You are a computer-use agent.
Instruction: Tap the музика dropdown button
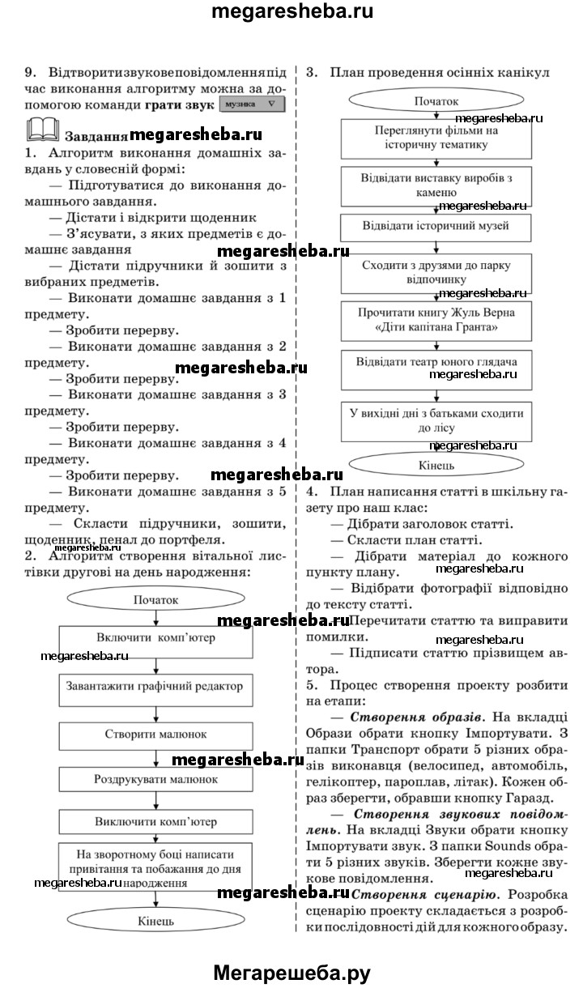(x=253, y=105)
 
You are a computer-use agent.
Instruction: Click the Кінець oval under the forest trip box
(x=436, y=466)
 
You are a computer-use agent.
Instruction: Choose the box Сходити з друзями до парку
(x=436, y=272)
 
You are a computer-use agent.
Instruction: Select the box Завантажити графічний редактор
(x=155, y=685)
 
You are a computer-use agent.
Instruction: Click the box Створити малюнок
(x=155, y=735)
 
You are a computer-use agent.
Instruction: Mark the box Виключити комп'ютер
(x=155, y=821)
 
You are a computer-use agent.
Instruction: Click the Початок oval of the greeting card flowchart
(x=155, y=600)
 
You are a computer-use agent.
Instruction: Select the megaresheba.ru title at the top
(x=291, y=12)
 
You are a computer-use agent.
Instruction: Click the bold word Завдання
(x=95, y=135)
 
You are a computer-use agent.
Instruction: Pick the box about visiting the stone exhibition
(x=436, y=185)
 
